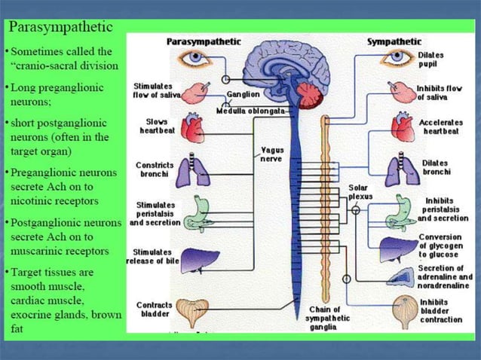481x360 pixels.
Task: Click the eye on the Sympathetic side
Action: pos(397,58)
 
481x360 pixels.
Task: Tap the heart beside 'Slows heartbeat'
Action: pos(193,130)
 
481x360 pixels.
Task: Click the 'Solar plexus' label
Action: pos(360,192)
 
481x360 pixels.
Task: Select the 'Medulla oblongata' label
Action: pos(250,110)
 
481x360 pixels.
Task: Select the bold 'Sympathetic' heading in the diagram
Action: pos(394,41)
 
